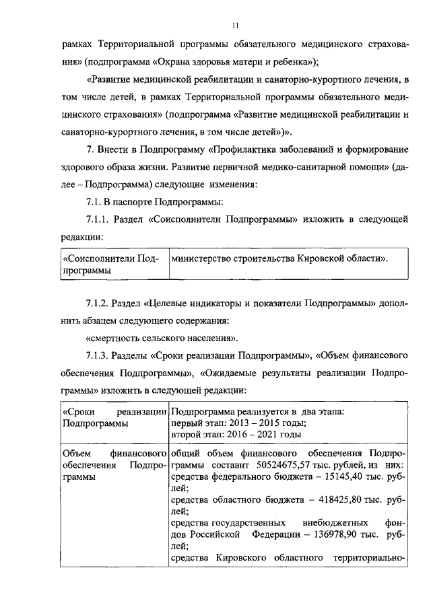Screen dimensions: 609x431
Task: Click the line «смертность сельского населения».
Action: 164,337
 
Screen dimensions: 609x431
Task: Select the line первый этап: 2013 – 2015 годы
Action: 238,423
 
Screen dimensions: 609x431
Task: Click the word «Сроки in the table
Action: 77,411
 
